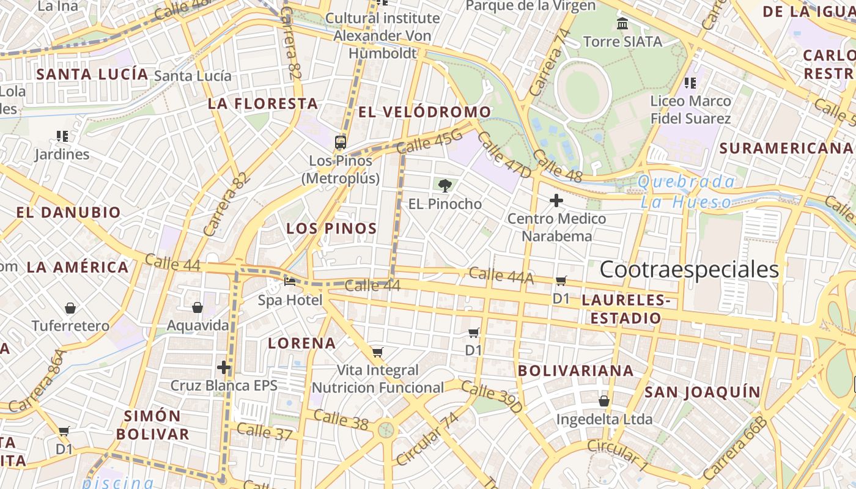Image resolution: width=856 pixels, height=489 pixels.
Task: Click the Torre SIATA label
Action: click(x=622, y=42)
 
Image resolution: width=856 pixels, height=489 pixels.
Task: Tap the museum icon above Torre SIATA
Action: click(x=622, y=24)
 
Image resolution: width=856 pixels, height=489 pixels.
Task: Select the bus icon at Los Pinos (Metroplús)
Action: click(x=341, y=142)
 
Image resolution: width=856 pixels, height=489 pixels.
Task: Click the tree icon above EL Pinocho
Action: click(x=445, y=185)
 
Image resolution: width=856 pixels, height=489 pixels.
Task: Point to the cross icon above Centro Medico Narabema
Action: click(x=556, y=200)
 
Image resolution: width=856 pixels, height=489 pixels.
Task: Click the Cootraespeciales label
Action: click(x=689, y=270)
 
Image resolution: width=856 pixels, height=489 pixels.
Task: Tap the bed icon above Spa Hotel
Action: click(x=290, y=282)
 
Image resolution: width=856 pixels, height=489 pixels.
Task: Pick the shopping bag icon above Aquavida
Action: click(x=197, y=307)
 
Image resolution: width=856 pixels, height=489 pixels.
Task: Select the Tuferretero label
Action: click(x=71, y=326)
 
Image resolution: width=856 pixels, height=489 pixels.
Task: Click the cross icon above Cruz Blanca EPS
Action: click(x=224, y=367)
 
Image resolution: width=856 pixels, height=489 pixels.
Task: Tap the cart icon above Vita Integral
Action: click(x=378, y=352)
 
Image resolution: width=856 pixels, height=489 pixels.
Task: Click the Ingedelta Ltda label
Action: click(x=604, y=420)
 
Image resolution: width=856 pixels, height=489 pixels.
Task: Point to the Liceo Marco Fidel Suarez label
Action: click(x=690, y=109)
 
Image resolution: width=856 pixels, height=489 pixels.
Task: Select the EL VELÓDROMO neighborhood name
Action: click(x=424, y=112)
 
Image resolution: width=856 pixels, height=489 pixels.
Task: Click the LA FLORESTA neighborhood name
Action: click(x=263, y=104)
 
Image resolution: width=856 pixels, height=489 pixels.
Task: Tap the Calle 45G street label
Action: click(x=429, y=142)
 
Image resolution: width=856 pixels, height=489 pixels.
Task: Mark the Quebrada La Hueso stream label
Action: click(x=686, y=191)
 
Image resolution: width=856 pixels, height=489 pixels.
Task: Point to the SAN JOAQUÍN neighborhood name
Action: click(x=703, y=392)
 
